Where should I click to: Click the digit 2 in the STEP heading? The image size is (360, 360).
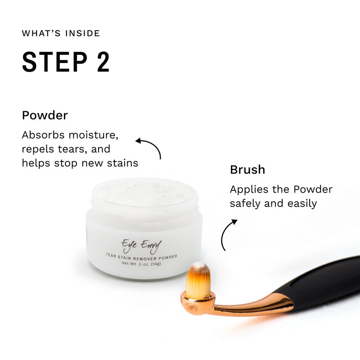103,62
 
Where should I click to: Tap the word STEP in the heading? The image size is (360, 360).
54,62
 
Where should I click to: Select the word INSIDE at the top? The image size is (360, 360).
82,33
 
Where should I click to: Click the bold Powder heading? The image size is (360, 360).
45,115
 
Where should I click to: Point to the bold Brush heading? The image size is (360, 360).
247,170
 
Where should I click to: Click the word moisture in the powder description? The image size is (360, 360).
94,135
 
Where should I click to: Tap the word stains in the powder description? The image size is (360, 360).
122,163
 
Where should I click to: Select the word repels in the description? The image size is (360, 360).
38,150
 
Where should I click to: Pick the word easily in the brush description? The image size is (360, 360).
302,204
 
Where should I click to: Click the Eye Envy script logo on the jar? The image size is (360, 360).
141,246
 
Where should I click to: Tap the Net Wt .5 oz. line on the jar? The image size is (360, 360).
141,264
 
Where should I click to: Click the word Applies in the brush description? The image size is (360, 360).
249,190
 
